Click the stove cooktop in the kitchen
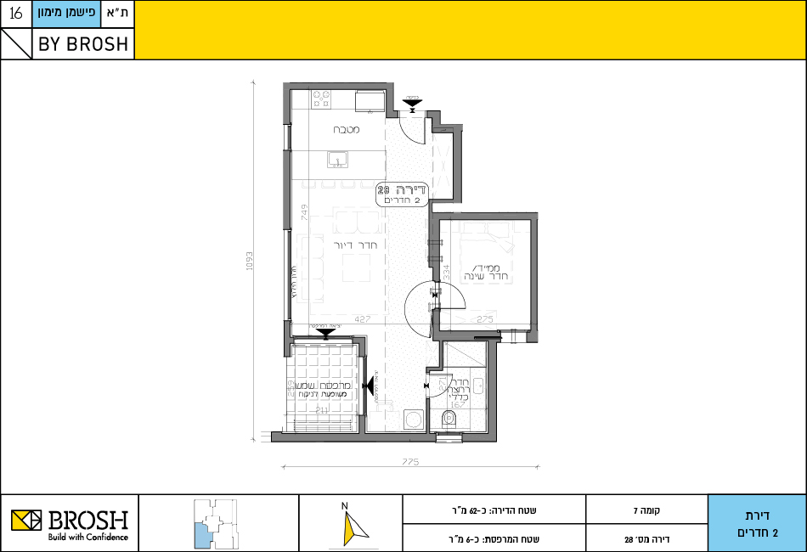[x=321, y=99]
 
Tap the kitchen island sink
[x=337, y=159]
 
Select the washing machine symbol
[x=414, y=419]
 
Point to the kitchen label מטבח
[x=346, y=130]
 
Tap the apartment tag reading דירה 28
[x=404, y=195]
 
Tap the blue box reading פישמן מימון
[x=67, y=14]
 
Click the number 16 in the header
[x=15, y=14]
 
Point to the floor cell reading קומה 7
[x=646, y=511]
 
